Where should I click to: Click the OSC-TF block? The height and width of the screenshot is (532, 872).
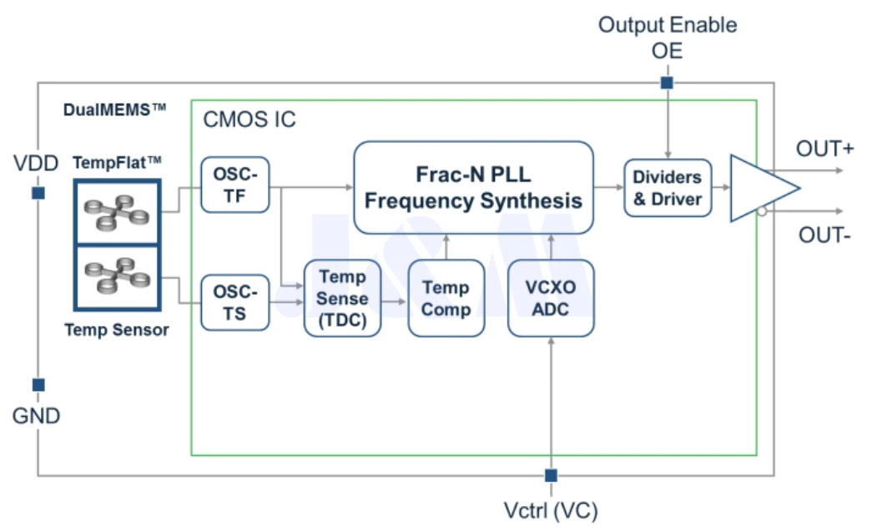point(235,185)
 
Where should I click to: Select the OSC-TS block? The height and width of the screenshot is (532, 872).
point(235,302)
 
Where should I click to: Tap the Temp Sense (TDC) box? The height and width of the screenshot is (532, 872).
point(343,298)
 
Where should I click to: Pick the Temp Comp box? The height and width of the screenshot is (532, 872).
point(446,298)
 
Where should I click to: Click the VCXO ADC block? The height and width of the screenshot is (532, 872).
point(551,298)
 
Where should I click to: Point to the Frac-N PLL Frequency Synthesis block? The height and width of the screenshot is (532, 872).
point(473,188)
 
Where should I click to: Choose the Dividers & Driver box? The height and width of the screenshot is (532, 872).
point(668,188)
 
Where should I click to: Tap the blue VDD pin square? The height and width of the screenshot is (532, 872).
point(38,193)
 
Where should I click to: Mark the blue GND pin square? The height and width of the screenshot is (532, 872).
point(38,384)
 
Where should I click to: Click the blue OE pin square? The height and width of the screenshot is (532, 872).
point(667,83)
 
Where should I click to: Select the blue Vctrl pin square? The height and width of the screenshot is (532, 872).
point(551,475)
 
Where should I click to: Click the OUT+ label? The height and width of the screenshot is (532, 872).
point(824,149)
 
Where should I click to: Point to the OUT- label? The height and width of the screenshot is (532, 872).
point(824,235)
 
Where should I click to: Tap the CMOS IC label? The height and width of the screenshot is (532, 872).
point(250,119)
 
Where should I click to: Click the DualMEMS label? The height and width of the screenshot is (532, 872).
point(114,109)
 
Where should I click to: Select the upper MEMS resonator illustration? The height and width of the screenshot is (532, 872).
point(117,211)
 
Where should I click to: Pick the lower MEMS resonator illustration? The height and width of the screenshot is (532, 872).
point(118,276)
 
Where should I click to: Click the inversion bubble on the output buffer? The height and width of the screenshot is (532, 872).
point(762,211)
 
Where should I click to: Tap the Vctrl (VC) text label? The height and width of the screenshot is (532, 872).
point(551,510)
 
